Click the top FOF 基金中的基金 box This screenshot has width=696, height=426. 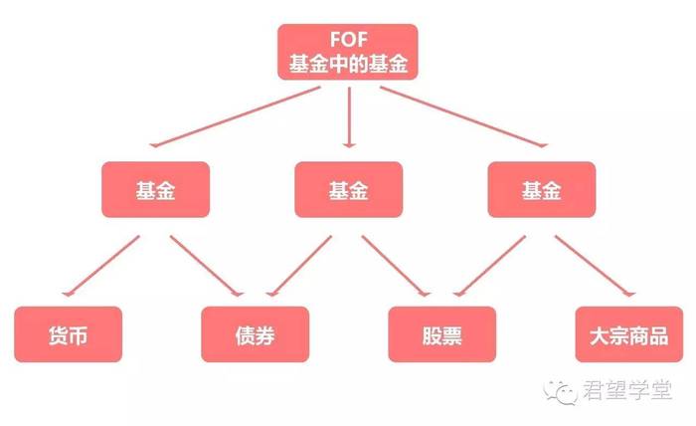[x=348, y=52]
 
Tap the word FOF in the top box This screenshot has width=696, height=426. [x=349, y=40]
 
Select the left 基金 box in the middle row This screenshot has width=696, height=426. [x=155, y=190]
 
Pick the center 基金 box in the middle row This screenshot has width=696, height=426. [x=348, y=190]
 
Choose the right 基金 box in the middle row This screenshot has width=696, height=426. [x=542, y=190]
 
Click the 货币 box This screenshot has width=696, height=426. [x=68, y=334]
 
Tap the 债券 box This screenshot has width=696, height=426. [x=255, y=334]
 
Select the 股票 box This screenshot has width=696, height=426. [x=442, y=334]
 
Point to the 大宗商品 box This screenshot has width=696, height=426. [x=629, y=334]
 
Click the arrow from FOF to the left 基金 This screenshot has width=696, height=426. [x=235, y=116]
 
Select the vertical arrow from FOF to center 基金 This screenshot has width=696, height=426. [x=349, y=116]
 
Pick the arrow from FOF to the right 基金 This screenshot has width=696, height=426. [x=464, y=116]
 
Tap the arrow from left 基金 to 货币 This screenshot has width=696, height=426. [x=100, y=266]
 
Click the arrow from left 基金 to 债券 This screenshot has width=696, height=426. [x=207, y=266]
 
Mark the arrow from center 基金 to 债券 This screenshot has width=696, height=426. [x=298, y=266]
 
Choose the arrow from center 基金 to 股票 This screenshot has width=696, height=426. [x=396, y=266]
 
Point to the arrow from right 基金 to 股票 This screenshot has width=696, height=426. [x=489, y=266]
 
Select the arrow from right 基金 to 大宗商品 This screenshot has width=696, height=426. [x=596, y=266]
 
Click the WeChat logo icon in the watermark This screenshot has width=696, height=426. [x=560, y=392]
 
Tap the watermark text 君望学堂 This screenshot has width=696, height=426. [x=627, y=390]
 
